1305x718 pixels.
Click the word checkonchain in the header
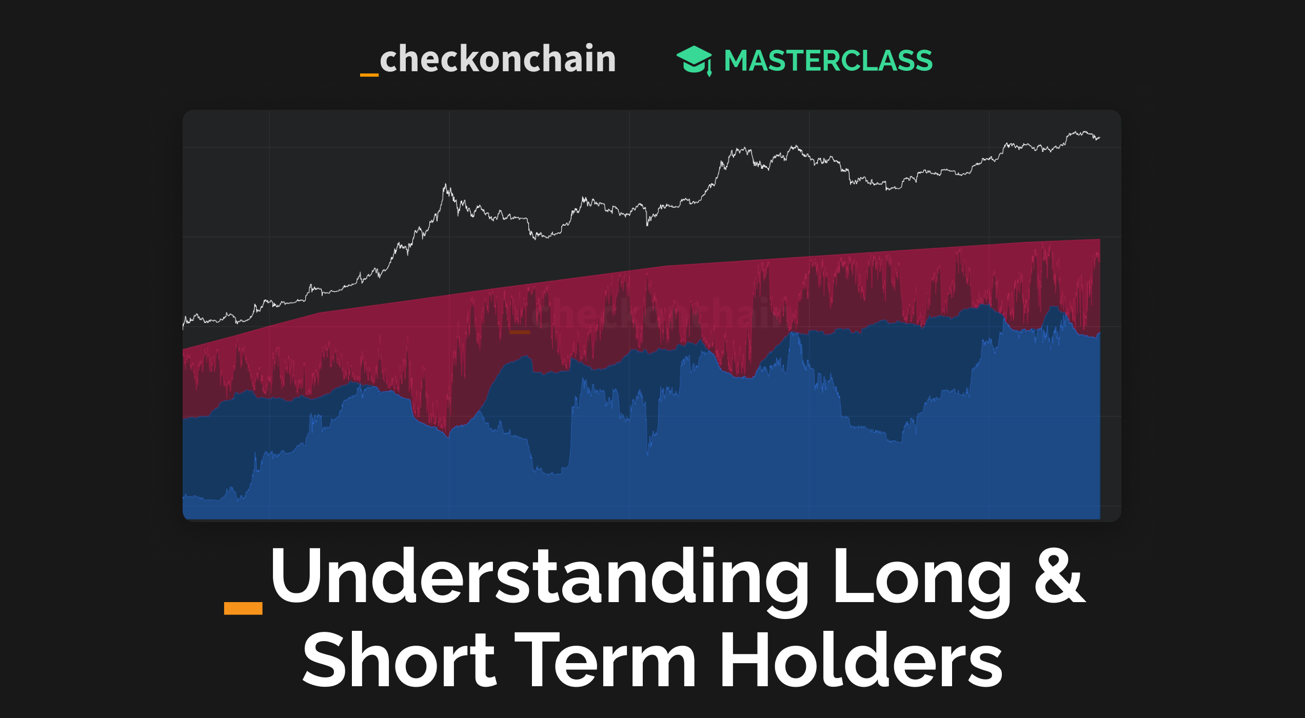coord(497,59)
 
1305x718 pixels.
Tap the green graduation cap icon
coord(694,60)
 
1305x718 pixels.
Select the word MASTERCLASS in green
coord(828,61)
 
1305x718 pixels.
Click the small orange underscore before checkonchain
coord(369,75)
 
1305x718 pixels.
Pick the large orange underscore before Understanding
coord(243,608)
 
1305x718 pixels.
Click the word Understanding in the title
coord(539,577)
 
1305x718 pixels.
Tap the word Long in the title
coord(921,577)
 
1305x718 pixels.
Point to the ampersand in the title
coord(1060,575)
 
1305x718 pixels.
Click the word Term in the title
coord(605,661)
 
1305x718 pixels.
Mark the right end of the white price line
coord(1099,137)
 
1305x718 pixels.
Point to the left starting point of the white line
coord(184,324)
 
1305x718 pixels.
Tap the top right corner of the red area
coord(1099,240)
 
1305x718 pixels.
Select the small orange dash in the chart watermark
coord(520,332)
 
